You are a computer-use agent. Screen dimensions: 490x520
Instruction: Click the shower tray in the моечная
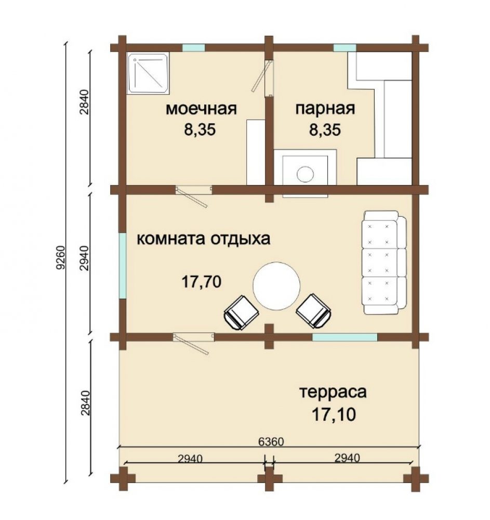(x=149, y=73)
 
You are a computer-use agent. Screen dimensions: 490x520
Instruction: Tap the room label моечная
(x=201, y=109)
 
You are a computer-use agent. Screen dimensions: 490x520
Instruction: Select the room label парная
(x=325, y=109)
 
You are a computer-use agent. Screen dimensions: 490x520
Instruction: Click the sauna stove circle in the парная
(x=305, y=174)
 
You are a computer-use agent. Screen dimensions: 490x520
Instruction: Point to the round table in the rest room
(x=276, y=286)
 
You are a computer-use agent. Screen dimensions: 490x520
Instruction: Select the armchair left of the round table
(x=241, y=313)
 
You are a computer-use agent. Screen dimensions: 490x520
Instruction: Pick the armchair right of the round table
(x=314, y=311)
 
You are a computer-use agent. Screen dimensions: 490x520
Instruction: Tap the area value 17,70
(x=202, y=282)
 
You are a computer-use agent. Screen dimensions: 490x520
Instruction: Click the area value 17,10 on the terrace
(x=334, y=414)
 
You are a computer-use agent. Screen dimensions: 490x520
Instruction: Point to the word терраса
(x=333, y=392)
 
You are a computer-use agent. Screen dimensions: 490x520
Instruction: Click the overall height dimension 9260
(x=60, y=257)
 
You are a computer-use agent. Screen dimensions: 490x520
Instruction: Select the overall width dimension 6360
(x=271, y=441)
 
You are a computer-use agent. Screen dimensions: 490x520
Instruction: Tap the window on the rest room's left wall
(x=123, y=265)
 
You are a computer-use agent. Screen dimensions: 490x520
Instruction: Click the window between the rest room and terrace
(x=345, y=337)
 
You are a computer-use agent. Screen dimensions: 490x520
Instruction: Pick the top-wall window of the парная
(x=345, y=48)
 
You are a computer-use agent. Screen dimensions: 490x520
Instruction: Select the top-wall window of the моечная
(x=194, y=48)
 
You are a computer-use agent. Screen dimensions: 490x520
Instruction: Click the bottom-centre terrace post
(x=269, y=479)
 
